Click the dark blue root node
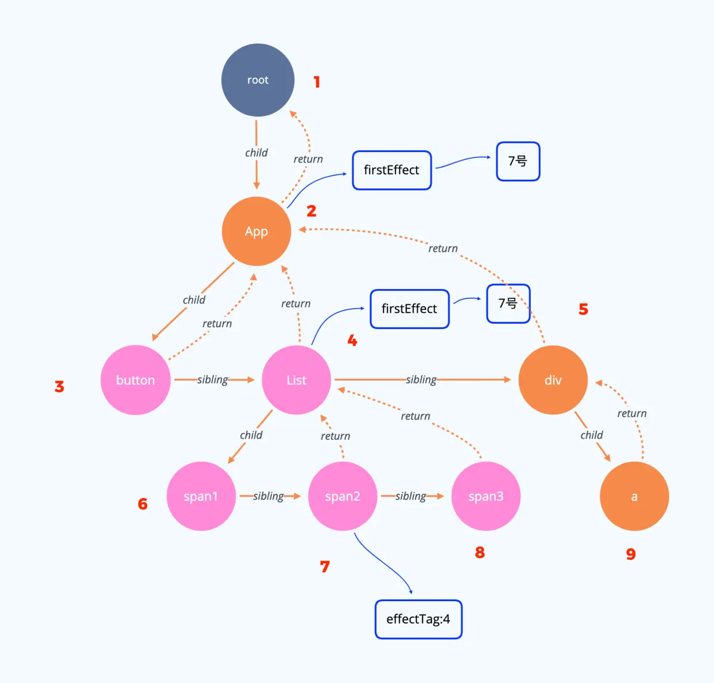coord(257,80)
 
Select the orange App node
coord(256,231)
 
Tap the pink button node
coord(135,380)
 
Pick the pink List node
coord(296,380)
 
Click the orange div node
coord(553,380)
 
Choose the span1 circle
coord(201,496)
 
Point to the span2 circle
coord(343,496)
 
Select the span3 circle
coord(486,496)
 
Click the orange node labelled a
coord(634,496)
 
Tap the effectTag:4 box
coord(418,619)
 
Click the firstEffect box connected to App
coord(392,170)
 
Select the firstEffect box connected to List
coord(409,309)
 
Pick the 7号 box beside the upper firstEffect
coord(518,161)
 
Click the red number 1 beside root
coord(317,82)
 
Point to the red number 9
coord(631,554)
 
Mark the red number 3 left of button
coord(59,386)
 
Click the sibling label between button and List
coord(212,380)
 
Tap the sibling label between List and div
coord(421,380)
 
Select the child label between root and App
coord(256,153)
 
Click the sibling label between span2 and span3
coord(411,496)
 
